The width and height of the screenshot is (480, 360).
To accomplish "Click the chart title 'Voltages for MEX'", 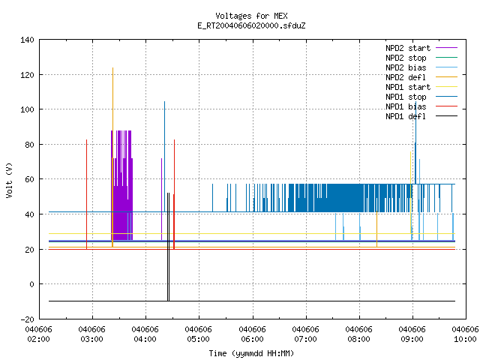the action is [251, 16].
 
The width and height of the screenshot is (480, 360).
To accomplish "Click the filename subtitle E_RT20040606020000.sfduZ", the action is [251, 25].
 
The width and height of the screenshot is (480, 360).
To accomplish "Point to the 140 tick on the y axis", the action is [27, 40].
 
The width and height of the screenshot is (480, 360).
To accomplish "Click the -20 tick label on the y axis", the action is [27, 319].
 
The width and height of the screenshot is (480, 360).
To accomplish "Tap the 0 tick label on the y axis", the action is [31, 284].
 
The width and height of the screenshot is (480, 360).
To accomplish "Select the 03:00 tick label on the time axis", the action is [91, 334].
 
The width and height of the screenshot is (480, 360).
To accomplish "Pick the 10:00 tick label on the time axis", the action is [465, 334].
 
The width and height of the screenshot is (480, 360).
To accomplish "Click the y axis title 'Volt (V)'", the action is [9, 180].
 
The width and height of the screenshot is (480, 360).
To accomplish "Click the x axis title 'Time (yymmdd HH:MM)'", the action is [251, 353].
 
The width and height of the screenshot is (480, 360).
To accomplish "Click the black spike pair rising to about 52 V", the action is [168, 247].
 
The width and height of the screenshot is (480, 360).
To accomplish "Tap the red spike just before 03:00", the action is [87, 194].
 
